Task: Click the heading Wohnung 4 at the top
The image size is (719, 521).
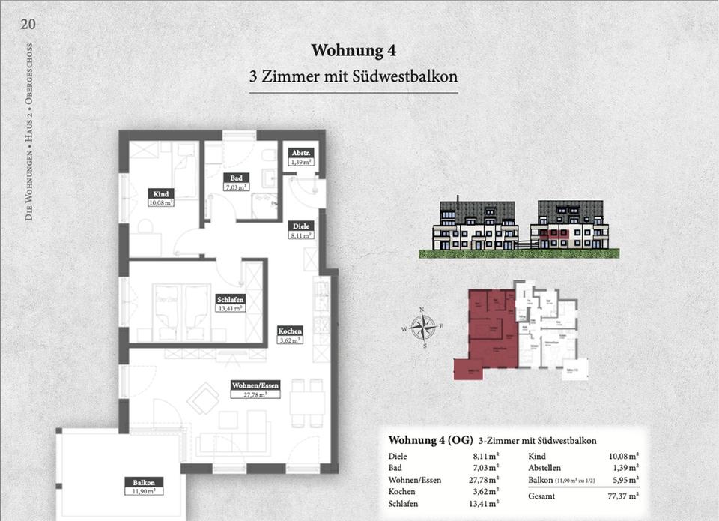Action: [354, 51]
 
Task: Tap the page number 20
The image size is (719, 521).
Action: [28, 23]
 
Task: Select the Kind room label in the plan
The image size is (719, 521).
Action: [160, 198]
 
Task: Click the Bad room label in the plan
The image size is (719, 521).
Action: [235, 182]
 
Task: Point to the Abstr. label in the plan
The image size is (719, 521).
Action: [300, 157]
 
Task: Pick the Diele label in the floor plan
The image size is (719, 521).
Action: [301, 229]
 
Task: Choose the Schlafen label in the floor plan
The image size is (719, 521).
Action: [229, 302]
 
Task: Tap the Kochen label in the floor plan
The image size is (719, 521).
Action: [289, 335]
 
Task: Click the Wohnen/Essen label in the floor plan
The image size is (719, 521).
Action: [255, 390]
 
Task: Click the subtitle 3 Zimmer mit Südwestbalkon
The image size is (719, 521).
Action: [354, 76]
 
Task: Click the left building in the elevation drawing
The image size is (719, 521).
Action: [476, 227]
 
